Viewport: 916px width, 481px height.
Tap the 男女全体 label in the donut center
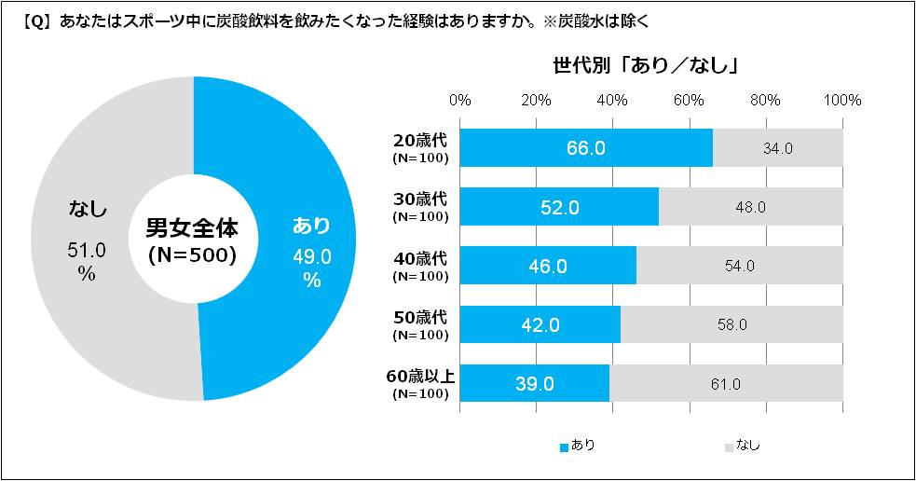[x=193, y=227]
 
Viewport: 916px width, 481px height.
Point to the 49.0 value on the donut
[x=312, y=257]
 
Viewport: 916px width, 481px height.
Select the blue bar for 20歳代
[x=586, y=148]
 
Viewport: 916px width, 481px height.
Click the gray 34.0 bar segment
[x=778, y=148]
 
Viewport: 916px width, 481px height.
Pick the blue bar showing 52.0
[x=559, y=207]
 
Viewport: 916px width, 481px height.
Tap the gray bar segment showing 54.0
[x=740, y=266]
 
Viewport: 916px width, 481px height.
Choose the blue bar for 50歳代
[x=540, y=324]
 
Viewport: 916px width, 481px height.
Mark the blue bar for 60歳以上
[x=535, y=383]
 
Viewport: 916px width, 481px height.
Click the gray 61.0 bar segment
[x=726, y=383]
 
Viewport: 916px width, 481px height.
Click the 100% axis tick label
[x=843, y=100]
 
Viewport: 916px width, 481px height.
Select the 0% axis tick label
[x=460, y=100]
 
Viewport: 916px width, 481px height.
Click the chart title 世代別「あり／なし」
[x=646, y=66]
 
